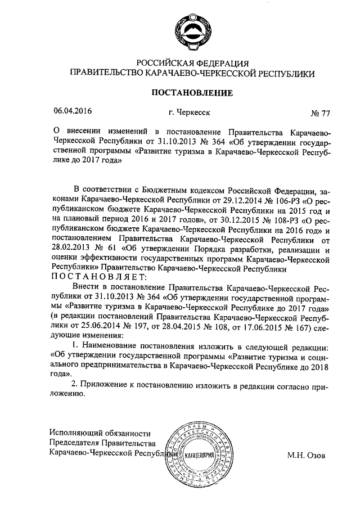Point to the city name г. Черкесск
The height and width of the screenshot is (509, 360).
pyautogui.click(x=188, y=111)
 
